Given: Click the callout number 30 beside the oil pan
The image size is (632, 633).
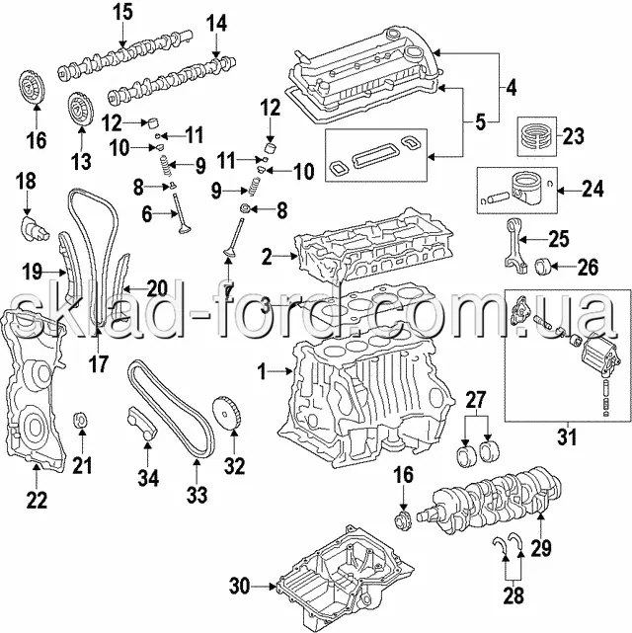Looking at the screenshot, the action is [x=240, y=586].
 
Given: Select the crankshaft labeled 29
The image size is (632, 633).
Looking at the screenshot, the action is [x=489, y=502].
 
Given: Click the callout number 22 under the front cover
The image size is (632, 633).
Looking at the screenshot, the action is [x=37, y=500].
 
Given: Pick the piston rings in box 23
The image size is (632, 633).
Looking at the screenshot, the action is [x=536, y=136].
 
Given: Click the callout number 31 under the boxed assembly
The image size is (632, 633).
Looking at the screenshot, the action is [x=568, y=436].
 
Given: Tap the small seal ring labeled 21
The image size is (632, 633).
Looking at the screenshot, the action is [x=81, y=420].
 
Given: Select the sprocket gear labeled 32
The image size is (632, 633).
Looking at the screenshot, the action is [x=227, y=415].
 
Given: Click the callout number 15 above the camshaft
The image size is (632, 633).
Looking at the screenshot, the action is [x=122, y=12].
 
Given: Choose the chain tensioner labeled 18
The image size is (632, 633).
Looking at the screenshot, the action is [x=35, y=229].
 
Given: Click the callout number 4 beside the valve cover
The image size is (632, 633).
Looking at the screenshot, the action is [x=511, y=87].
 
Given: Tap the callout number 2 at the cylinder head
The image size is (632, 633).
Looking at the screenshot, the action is [x=267, y=257].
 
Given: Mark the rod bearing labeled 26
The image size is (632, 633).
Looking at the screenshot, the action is [x=543, y=266].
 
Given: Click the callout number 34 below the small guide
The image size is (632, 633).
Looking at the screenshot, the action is [x=149, y=478].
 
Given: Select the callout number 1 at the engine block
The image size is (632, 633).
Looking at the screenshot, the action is [x=263, y=371].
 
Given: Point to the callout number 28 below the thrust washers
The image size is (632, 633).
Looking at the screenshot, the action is [x=513, y=595].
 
